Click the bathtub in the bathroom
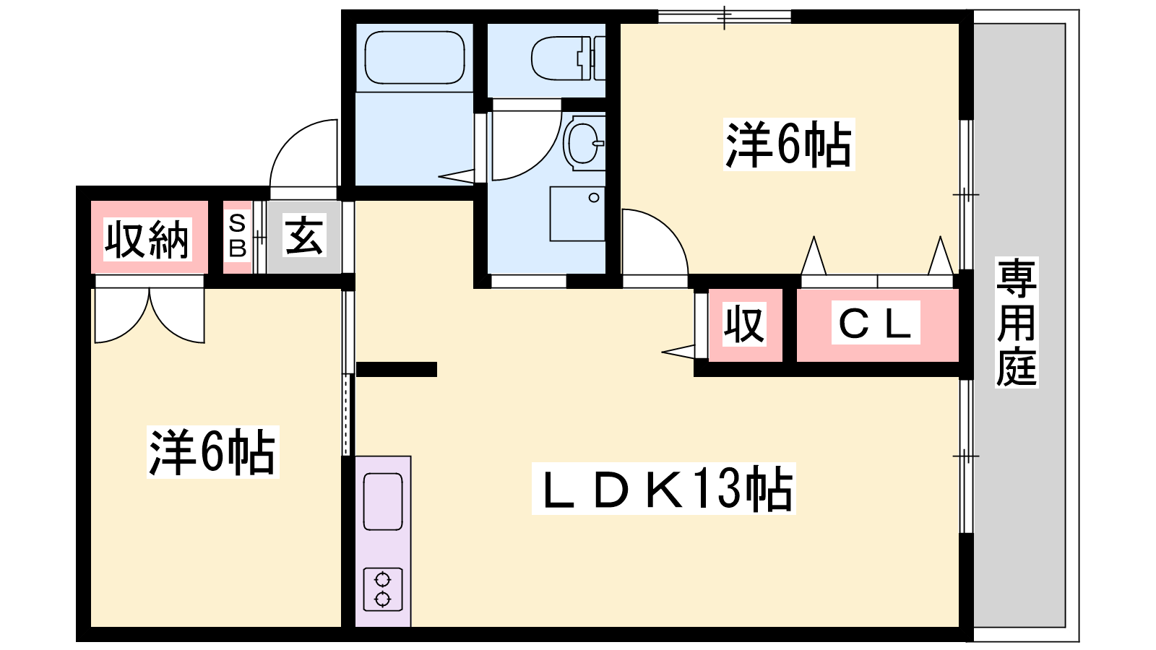coord(415,58)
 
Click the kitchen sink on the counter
coord(382,501)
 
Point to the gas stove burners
coord(382,589)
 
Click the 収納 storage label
coord(147,239)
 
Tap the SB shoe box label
coord(237,236)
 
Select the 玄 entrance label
coord(303,235)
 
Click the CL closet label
coord(875,324)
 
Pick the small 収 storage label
coord(744,324)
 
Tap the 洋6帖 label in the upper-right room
coord(788,145)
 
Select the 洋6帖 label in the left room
coord(212,453)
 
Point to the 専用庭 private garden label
coord(1016,322)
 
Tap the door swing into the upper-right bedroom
coord(652,244)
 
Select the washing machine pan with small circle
coord(577,214)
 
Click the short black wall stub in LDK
coord(397,369)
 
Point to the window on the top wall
coord(725,16)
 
